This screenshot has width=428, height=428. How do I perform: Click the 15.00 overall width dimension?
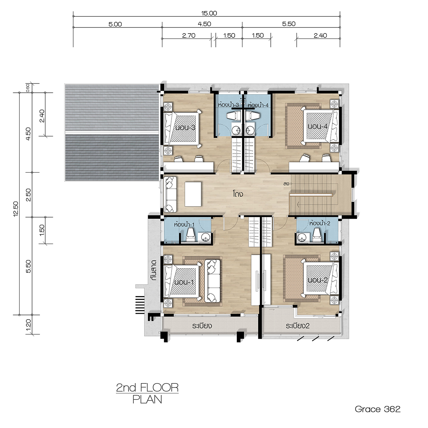coord(209,13)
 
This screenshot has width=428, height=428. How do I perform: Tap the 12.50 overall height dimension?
coord(16,209)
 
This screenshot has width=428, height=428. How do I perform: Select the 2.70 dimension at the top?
coord(189,36)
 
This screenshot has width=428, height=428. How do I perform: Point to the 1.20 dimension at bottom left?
coord(29,325)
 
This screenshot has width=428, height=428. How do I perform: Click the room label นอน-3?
coord(185,127)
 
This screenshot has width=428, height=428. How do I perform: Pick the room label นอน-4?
coord(318,126)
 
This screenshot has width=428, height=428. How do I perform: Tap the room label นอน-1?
coord(184,282)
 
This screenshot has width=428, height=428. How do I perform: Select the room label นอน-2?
coord(318,280)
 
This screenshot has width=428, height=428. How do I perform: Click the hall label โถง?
coord(238,194)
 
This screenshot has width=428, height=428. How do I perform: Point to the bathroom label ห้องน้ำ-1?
coord(184,225)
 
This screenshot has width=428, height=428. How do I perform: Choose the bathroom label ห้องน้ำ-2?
coord(320,223)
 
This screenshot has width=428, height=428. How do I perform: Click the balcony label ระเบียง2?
coord(297,326)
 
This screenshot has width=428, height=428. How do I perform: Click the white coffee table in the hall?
coord(193,194)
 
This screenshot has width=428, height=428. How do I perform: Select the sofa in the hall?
coord(170,194)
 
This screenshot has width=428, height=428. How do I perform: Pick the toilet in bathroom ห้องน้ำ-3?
coord(233,116)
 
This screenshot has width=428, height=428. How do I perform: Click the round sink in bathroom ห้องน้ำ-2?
coord(302,238)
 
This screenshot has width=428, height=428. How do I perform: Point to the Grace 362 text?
coord(378,409)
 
